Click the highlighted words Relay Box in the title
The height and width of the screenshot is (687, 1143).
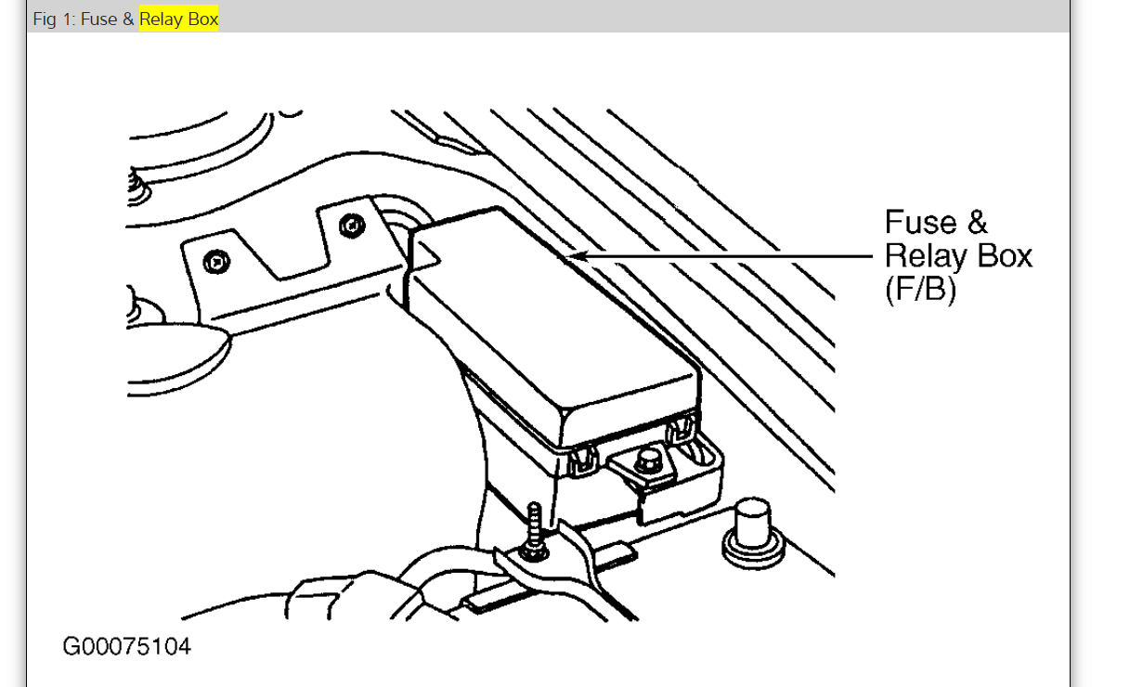[x=179, y=19]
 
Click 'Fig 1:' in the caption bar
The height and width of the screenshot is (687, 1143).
[x=55, y=19]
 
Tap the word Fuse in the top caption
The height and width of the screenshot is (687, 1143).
[x=99, y=19]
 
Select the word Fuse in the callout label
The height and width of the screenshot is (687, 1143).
[x=920, y=223]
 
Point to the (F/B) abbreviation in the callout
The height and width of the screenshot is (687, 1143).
[x=920, y=289]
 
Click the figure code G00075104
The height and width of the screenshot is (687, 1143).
[x=127, y=645]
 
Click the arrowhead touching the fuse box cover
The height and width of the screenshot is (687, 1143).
[x=577, y=255]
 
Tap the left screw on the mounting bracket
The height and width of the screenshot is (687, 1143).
[x=214, y=264]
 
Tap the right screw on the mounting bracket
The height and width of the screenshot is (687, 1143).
[x=350, y=225]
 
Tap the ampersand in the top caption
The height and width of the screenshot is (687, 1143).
[x=128, y=19]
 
